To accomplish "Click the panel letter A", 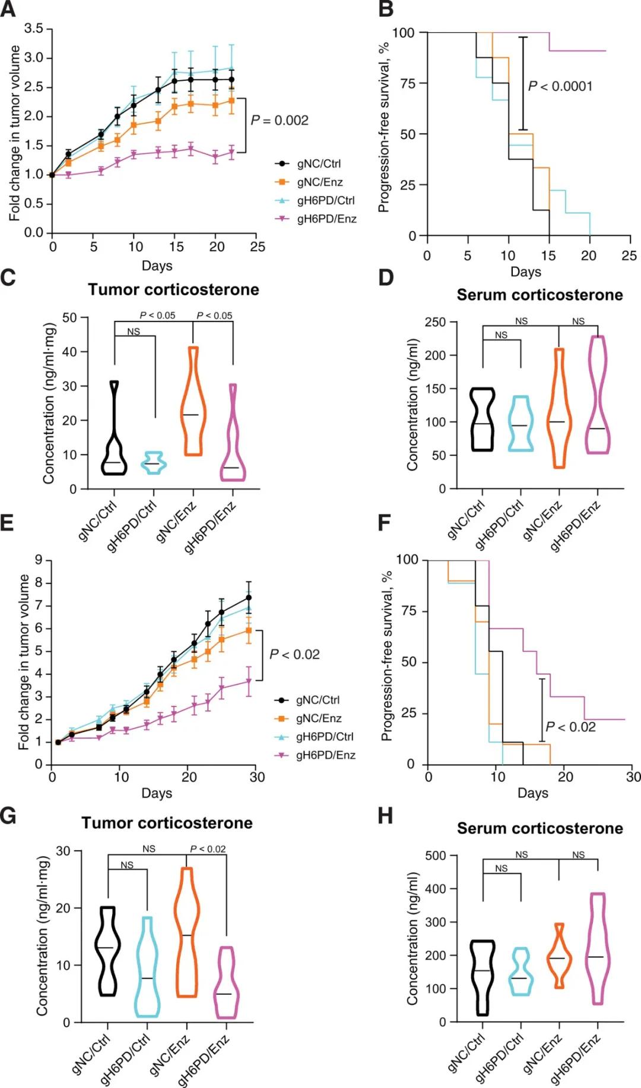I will pyautogui.click(x=8, y=11).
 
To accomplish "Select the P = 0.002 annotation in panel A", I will pyautogui.click(x=280, y=121).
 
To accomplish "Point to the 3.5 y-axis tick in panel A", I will pyautogui.click(x=34, y=29).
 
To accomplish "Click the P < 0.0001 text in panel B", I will pyautogui.click(x=560, y=87).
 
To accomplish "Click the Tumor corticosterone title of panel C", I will pyautogui.click(x=173, y=290).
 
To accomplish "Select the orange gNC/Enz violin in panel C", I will pyautogui.click(x=193, y=404).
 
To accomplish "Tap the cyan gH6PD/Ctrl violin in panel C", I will pyautogui.click(x=154, y=463).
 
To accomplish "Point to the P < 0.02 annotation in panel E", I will pyautogui.click(x=294, y=655).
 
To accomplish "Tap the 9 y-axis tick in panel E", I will pyautogui.click(x=39, y=560).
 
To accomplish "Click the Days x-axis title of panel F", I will pyautogui.click(x=532, y=793).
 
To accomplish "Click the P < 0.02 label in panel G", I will pyautogui.click(x=208, y=849).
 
